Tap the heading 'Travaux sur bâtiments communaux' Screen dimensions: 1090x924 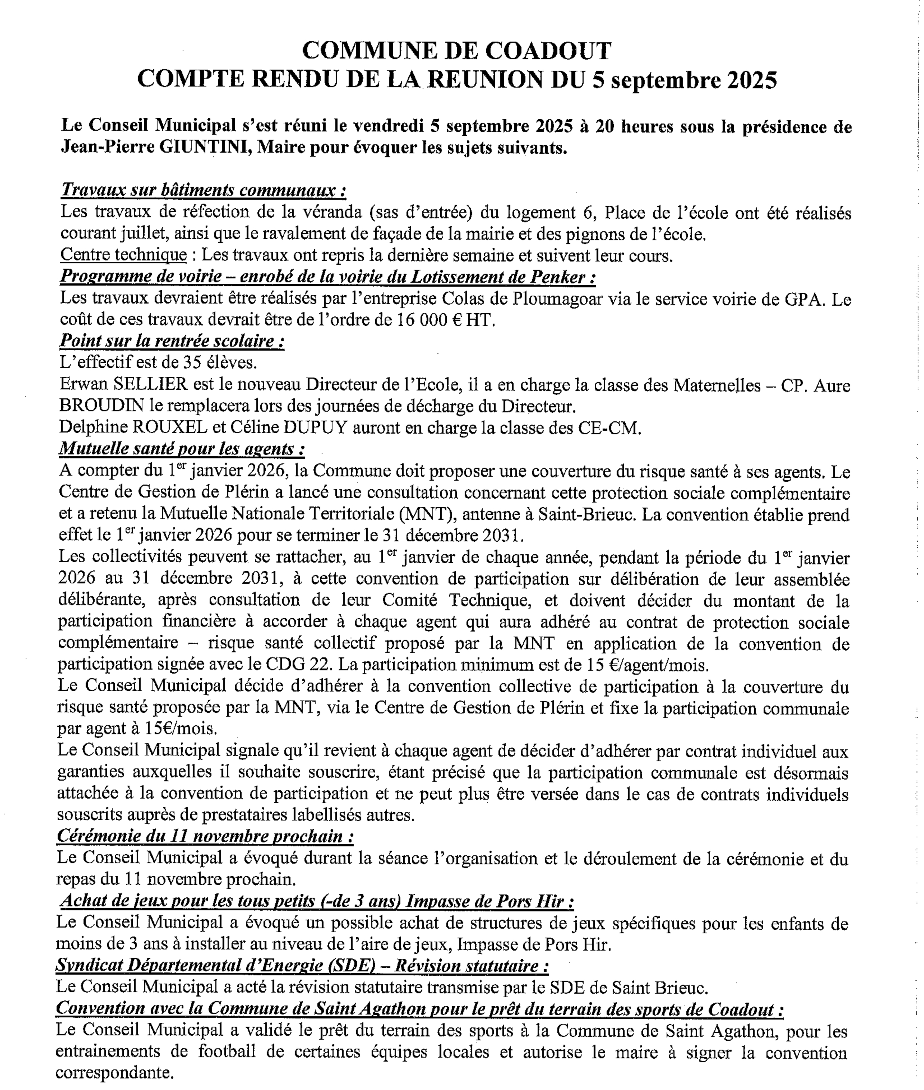click(x=203, y=190)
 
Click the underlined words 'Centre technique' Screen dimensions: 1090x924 click(x=124, y=255)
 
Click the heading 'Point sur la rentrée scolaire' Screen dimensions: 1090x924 click(x=172, y=341)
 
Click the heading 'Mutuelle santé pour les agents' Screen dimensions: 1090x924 click(x=181, y=449)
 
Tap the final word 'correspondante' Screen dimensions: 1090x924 click(x=114, y=1073)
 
